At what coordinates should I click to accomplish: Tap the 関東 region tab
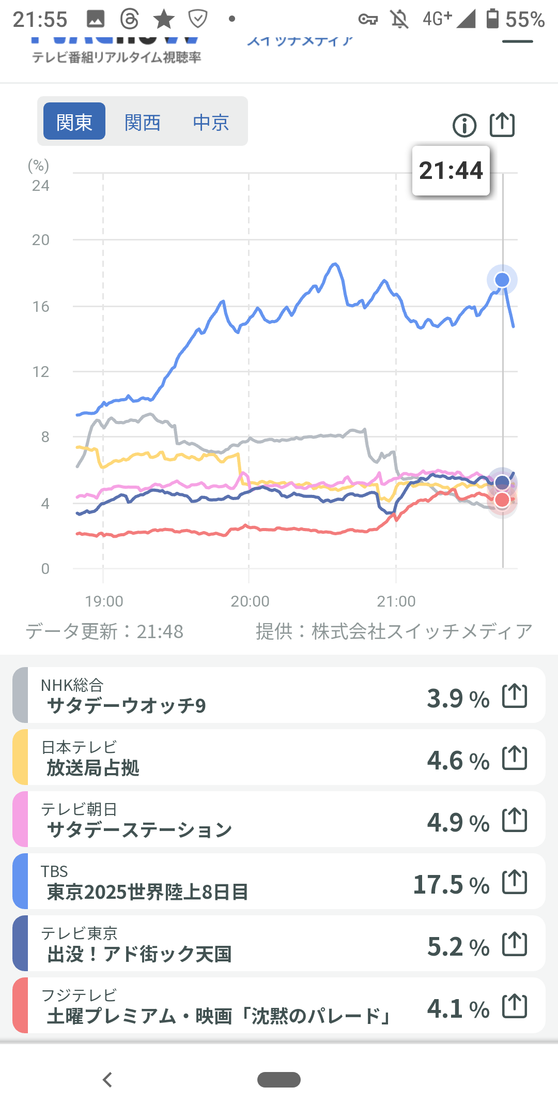[x=74, y=122]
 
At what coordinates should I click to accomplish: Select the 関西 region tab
[x=143, y=123]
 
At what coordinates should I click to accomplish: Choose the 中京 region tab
[x=211, y=123]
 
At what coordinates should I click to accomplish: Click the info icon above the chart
[x=464, y=126]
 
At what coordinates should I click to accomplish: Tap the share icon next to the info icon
[x=502, y=125]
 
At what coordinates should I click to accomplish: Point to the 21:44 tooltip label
[x=451, y=171]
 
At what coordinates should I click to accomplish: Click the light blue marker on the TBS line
[x=502, y=280]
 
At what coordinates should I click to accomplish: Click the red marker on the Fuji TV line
[x=502, y=500]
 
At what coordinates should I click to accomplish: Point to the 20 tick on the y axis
[x=41, y=240]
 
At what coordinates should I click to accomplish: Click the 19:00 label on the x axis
[x=104, y=601]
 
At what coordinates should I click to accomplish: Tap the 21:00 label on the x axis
[x=396, y=601]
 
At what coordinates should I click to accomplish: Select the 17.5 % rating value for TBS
[x=451, y=884]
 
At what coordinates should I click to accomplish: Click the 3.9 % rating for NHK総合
[x=458, y=698]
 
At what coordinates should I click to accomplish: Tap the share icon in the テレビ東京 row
[x=515, y=944]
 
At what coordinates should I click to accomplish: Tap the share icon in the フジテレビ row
[x=515, y=1006]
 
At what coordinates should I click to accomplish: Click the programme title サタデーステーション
[x=139, y=830]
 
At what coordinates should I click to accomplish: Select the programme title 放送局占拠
[x=93, y=768]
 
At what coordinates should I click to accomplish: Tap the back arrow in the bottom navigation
[x=107, y=1080]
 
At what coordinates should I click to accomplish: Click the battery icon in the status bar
[x=492, y=19]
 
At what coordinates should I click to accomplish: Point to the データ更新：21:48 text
[x=105, y=631]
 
